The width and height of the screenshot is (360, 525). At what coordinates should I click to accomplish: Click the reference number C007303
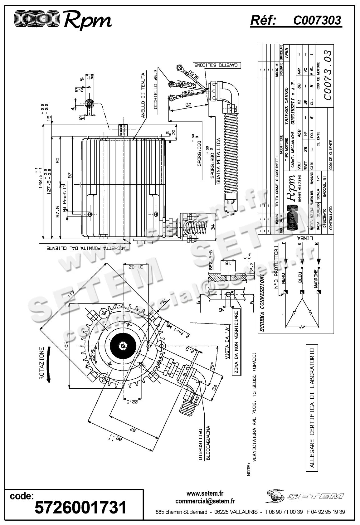coord(317,21)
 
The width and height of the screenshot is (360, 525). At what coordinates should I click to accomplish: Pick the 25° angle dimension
coord(212,365)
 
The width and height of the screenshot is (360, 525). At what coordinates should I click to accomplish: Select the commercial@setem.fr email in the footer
coord(205,501)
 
